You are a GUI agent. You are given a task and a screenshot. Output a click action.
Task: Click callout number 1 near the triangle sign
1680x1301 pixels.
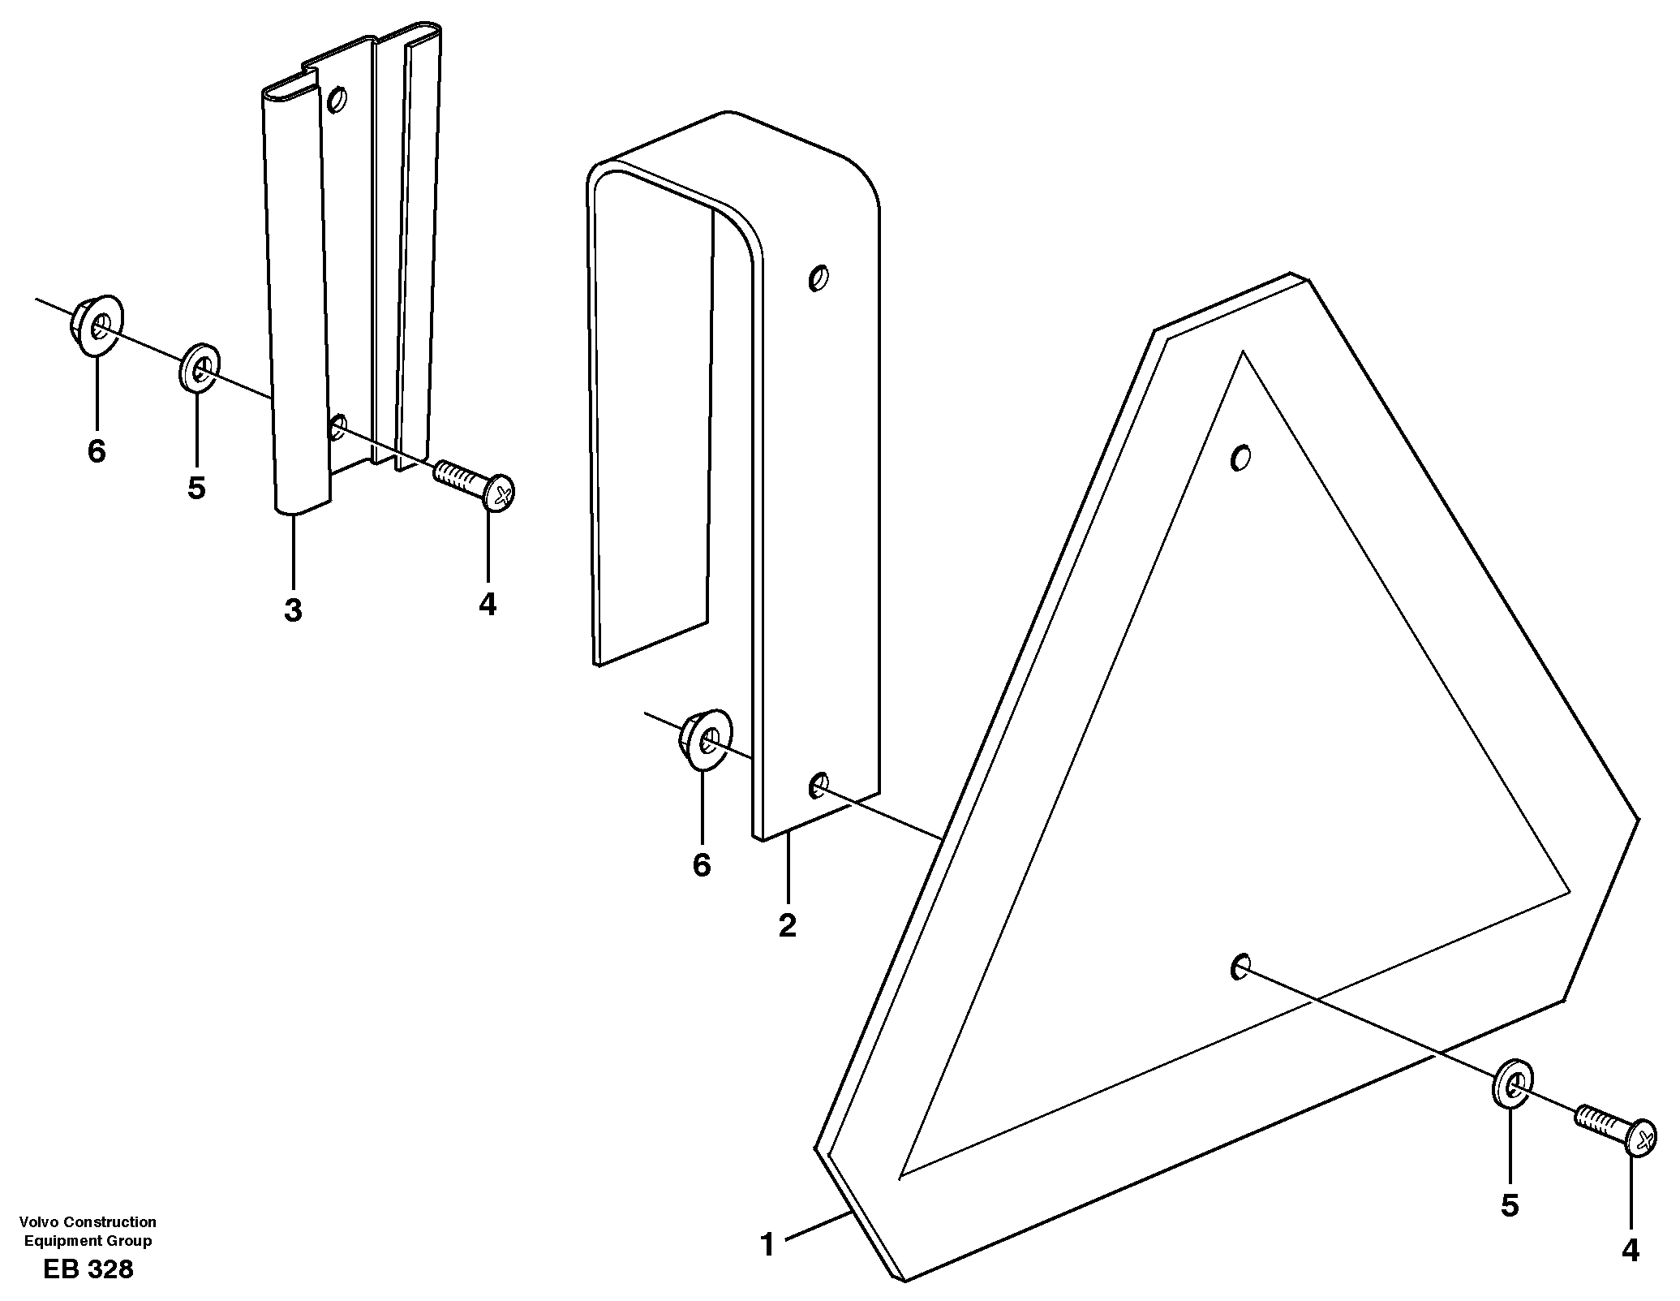point(767,1244)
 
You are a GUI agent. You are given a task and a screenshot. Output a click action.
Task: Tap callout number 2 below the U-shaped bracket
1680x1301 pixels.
point(787,926)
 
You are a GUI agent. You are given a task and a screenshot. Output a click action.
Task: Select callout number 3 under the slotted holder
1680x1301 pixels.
point(293,610)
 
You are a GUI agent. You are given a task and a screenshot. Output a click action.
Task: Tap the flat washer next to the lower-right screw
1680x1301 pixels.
point(1511,1082)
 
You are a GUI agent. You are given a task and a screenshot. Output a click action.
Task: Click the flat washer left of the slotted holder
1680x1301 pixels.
point(199,369)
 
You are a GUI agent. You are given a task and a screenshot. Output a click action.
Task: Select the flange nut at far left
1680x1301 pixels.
point(96,326)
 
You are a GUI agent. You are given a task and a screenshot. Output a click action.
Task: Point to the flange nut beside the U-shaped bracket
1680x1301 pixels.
point(704,739)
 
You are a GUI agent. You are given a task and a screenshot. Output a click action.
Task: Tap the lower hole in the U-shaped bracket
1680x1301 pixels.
point(818,785)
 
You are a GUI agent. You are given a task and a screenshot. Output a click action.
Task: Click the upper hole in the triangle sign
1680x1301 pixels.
point(1239,459)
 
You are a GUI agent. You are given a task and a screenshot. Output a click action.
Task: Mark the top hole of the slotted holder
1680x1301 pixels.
point(337,101)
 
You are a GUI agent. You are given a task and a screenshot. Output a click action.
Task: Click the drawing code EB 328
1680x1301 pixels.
point(88,1269)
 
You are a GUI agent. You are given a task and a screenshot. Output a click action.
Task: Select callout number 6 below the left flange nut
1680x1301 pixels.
point(97,451)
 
